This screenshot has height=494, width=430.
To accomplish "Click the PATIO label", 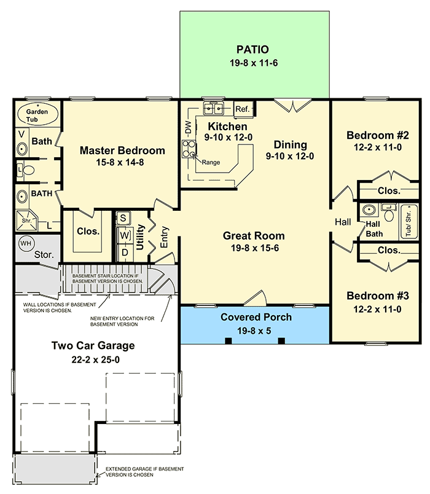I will click(253, 49).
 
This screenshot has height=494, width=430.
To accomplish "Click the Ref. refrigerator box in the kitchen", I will click(243, 109).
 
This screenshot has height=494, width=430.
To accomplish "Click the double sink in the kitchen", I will click(213, 109).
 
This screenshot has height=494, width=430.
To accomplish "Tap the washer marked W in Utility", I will click(124, 235).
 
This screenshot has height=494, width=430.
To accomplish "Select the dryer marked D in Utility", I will click(124, 251).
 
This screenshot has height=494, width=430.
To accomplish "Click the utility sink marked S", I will click(123, 218).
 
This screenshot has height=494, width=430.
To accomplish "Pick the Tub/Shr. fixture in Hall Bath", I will click(408, 222).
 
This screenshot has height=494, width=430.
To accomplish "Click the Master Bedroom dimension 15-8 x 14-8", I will click(122, 163).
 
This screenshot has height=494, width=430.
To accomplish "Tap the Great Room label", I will click(254, 235).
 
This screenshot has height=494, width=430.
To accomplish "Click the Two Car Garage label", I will click(93, 345).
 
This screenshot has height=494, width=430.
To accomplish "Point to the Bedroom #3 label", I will click(377, 296).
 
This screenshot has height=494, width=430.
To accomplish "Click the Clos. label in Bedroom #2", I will click(389, 191).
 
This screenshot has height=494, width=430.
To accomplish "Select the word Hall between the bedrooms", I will click(342, 222).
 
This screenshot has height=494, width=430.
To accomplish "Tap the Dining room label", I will click(291, 145).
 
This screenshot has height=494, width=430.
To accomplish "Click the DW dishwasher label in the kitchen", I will click(188, 127).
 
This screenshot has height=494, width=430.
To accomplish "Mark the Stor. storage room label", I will click(44, 254).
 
